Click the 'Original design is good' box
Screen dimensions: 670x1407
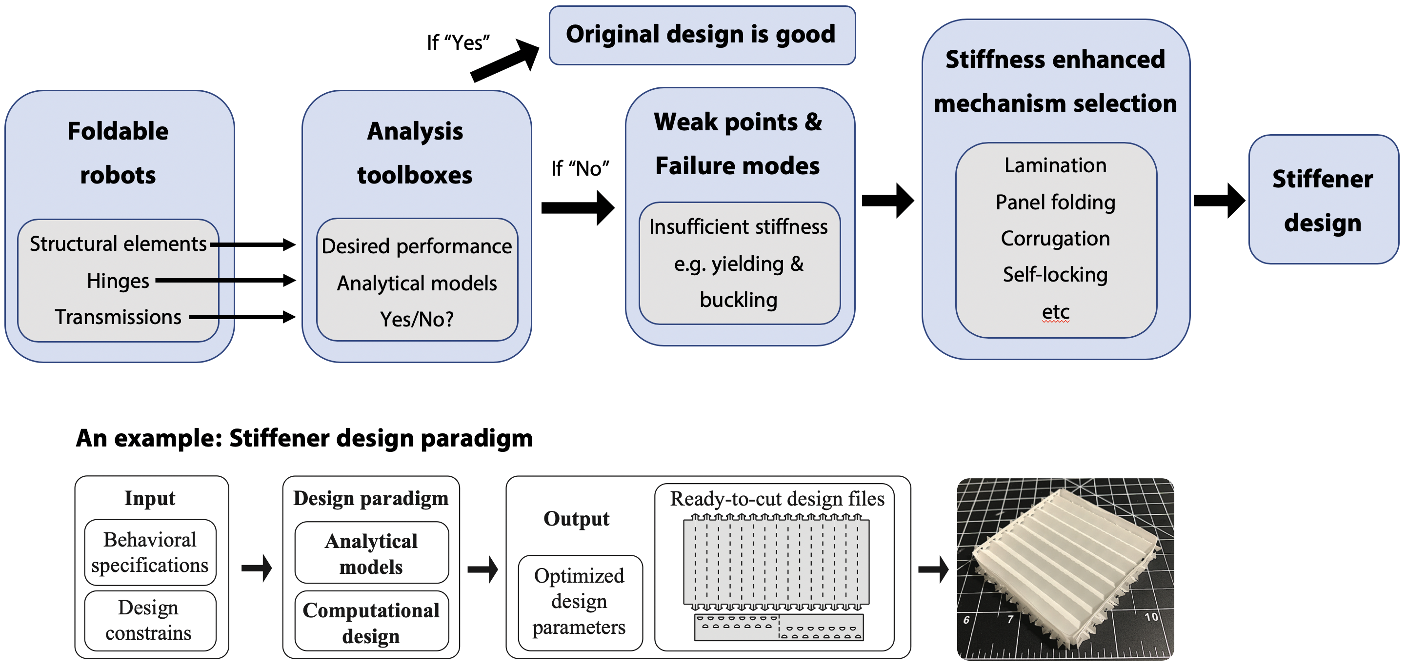pos(702,35)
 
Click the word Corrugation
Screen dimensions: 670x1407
pos(1055,239)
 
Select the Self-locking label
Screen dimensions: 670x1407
pos(1055,275)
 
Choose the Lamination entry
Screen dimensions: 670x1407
pos(1055,165)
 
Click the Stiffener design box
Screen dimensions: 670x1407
pos(1323,200)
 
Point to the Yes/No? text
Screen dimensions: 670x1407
pos(417,319)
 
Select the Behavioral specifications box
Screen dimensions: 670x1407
pos(150,552)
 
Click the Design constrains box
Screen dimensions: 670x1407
pos(150,620)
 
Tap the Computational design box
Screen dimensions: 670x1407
pos(371,623)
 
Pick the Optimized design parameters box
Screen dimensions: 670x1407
pos(580,602)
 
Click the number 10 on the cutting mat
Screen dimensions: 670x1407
pos(1151,617)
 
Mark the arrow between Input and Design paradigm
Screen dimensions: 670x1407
pos(257,568)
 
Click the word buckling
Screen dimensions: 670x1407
pos(739,300)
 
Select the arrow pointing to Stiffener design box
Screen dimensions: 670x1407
pos(1219,201)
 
